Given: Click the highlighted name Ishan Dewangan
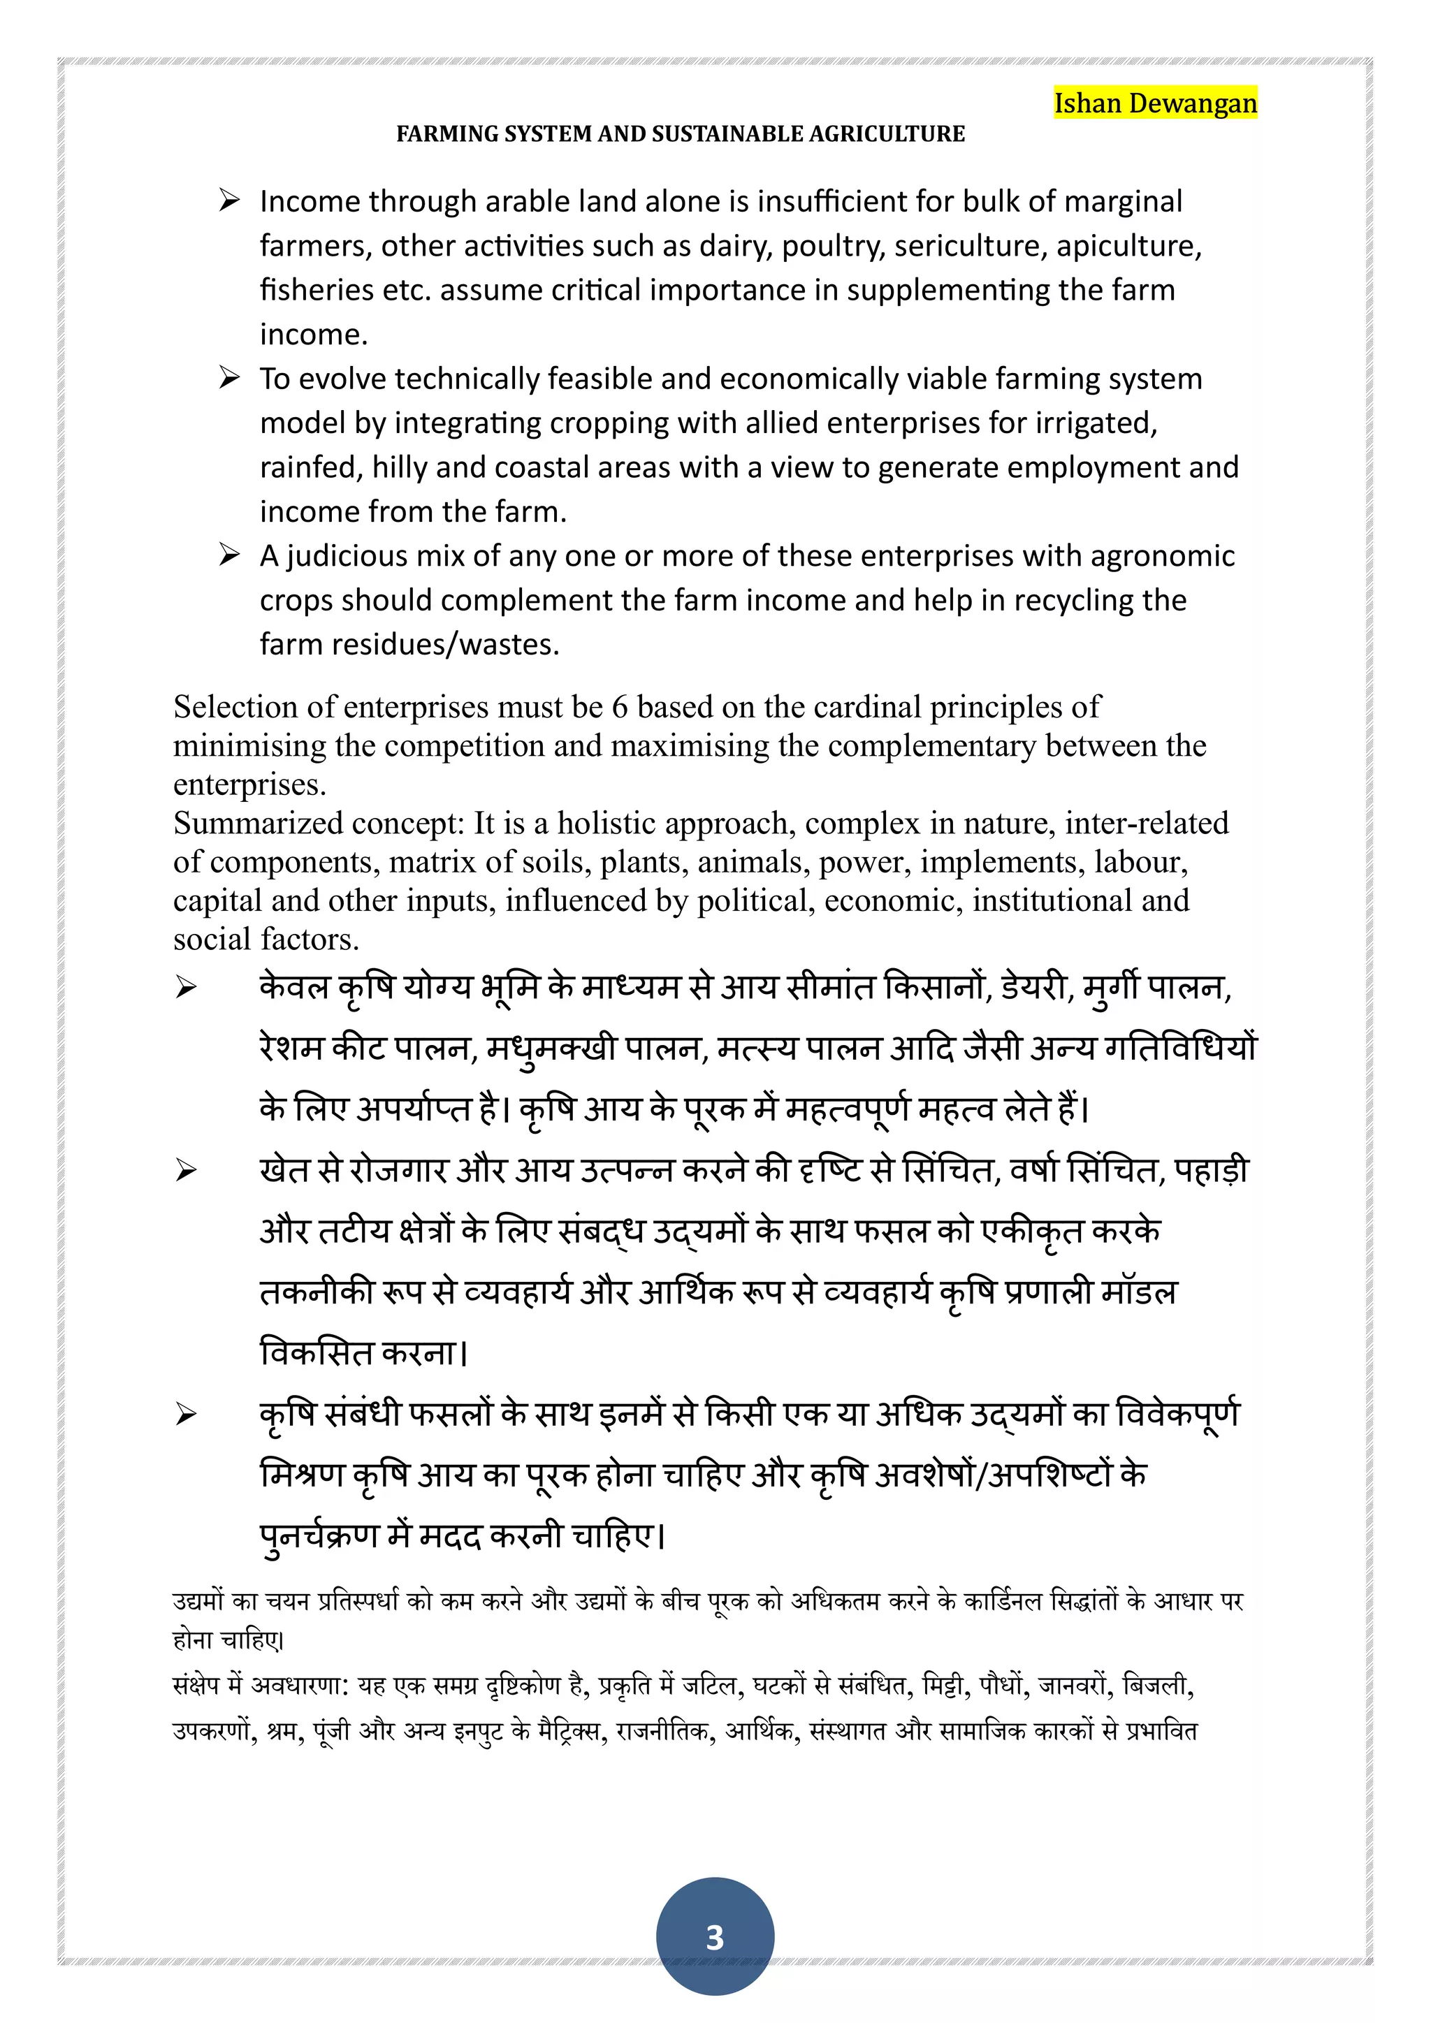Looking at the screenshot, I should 1155,103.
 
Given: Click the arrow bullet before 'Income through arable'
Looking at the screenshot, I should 229,201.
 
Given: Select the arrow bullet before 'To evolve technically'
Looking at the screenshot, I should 229,379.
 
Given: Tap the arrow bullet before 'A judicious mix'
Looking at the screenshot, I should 229,556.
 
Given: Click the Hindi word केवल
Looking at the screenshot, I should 294,987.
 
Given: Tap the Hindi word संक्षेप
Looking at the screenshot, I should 195,1685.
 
